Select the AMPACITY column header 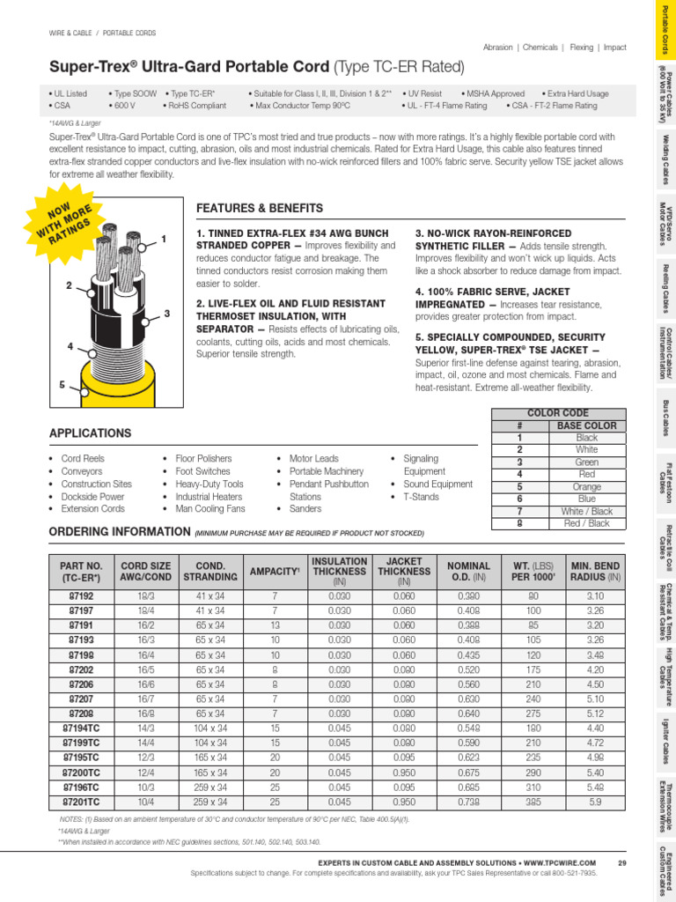pos(272,571)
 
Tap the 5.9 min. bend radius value pos(596,803)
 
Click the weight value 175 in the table pos(533,670)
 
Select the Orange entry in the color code pos(586,486)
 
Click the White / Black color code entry pos(586,511)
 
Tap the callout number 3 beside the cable pos(166,314)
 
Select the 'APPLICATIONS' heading pos(90,433)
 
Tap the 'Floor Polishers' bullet pos(203,459)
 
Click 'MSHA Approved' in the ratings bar pos(493,93)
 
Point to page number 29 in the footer pos(621,862)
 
